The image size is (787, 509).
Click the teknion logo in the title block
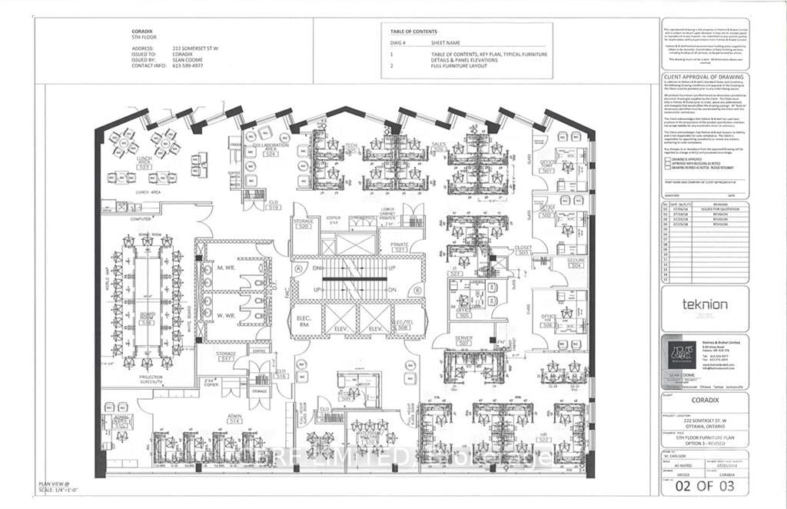point(704,304)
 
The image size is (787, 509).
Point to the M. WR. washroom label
point(225,267)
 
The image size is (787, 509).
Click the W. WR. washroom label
point(225,314)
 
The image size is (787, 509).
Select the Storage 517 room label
point(226,357)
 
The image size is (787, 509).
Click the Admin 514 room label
point(234,419)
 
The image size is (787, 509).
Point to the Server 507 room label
point(463,341)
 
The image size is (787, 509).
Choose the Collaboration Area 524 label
point(270,151)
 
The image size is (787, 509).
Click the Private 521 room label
point(399,248)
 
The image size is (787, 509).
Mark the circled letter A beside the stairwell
point(296,268)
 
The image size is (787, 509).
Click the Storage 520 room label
point(302,224)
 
